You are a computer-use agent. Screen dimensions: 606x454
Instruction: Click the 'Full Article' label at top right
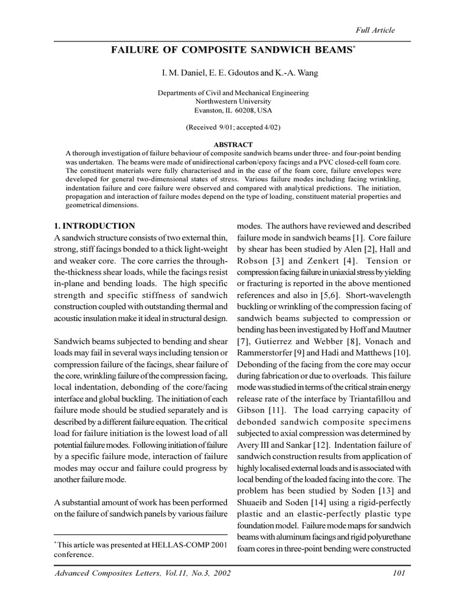(375, 30)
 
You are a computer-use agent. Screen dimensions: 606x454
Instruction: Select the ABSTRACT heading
(232, 144)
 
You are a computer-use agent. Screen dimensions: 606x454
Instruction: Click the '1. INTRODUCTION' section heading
(95, 226)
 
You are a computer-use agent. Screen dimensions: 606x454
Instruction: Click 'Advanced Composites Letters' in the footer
(104, 574)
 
